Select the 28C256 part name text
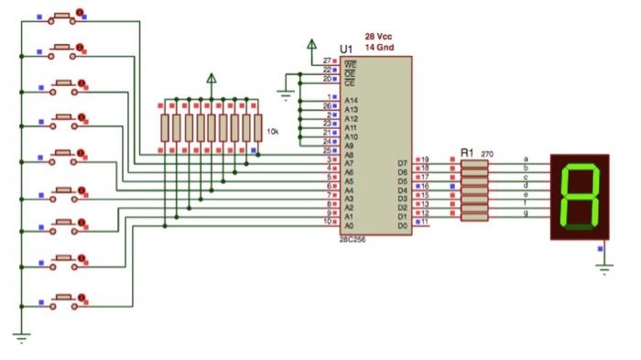pos(354,239)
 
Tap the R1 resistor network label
pos(467,153)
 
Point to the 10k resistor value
pos(272,133)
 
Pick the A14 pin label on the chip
pos(351,98)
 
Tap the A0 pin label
pos(348,224)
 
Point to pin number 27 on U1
pos(326,61)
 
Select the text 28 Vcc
pos(379,37)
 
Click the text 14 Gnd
pos(379,47)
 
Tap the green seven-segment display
pos(579,197)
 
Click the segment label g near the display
pos(525,213)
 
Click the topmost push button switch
pos(63,16)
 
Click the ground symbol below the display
pos(603,266)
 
